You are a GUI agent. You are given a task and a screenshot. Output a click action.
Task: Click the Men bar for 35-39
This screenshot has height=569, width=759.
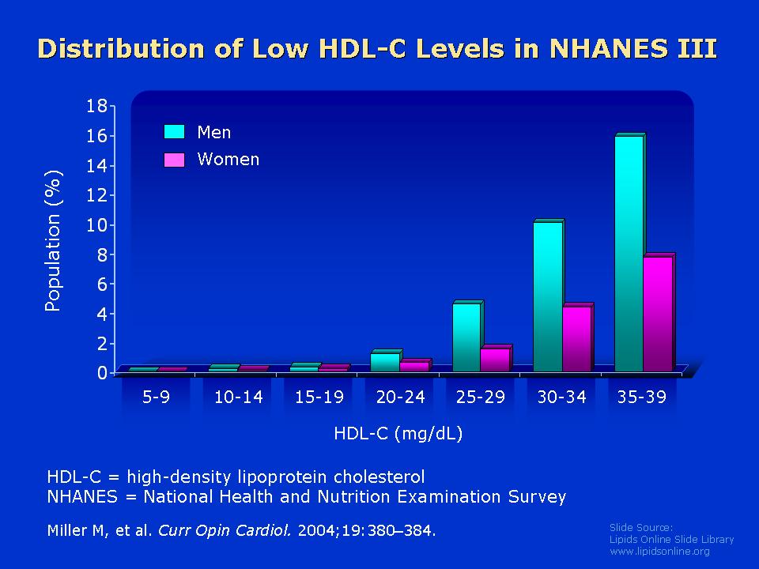tap(629, 253)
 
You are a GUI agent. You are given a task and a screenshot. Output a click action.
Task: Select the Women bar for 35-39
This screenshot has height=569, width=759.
tap(659, 313)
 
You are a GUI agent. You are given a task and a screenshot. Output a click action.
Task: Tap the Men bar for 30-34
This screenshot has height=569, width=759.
tap(549, 296)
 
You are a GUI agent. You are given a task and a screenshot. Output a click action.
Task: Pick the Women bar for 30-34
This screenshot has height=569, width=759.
tap(577, 338)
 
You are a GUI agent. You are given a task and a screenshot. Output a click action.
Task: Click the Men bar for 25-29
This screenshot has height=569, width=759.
tap(467, 337)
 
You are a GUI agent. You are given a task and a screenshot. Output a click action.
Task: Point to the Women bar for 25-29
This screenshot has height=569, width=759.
tap(497, 359)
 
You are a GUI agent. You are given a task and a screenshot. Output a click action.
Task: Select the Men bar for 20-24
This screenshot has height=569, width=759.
tap(386, 361)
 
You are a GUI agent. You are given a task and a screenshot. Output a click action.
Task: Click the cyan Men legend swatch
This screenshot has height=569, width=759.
tap(174, 132)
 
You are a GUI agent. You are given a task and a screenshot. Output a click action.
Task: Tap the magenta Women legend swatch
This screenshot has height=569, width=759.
tap(174, 160)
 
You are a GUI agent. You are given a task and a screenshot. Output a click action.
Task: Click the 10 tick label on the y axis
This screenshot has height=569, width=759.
tap(96, 225)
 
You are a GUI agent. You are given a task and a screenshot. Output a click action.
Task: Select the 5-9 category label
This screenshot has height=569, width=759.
tap(156, 397)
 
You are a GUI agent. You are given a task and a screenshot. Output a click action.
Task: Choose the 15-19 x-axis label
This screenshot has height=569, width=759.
tap(319, 397)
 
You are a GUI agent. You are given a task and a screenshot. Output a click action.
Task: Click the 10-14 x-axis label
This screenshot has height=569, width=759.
tap(238, 397)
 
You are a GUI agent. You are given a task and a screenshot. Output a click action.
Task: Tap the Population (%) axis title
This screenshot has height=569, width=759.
tap(53, 240)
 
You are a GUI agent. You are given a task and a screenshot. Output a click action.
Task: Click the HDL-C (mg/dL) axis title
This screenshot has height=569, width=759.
tap(398, 434)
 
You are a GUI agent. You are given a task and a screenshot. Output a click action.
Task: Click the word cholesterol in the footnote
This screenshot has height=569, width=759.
tap(379, 477)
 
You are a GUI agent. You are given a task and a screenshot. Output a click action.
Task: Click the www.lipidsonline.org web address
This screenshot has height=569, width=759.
tap(659, 551)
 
